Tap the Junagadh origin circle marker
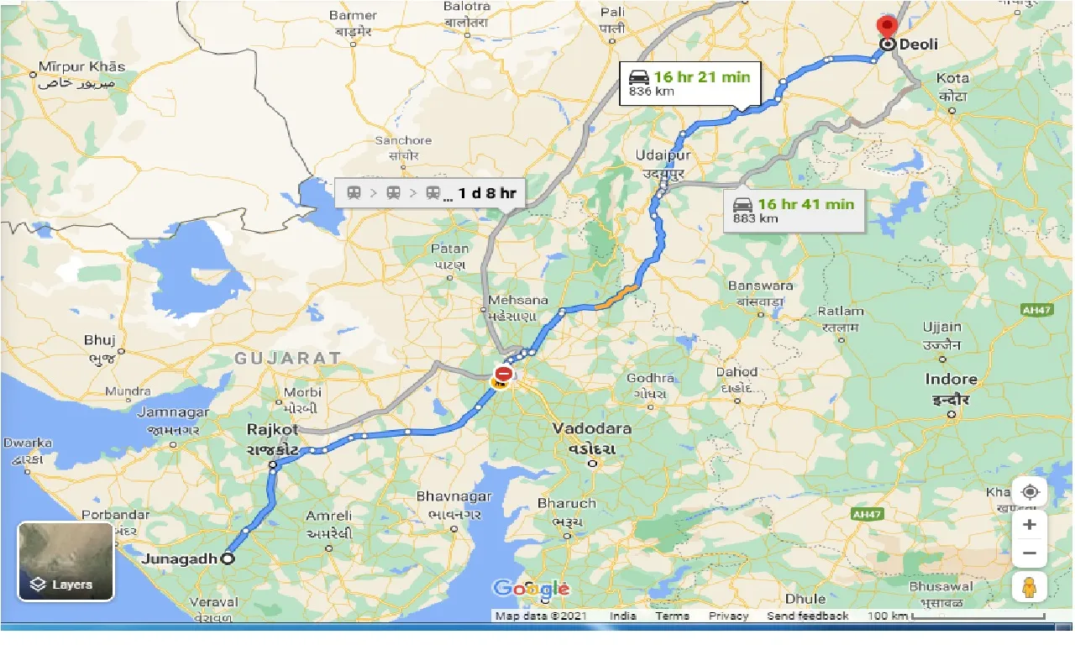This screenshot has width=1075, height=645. click(x=227, y=559)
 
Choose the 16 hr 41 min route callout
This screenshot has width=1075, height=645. click(x=794, y=210)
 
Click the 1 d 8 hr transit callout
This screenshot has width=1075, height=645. click(x=430, y=193)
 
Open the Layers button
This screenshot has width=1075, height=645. click(x=66, y=562)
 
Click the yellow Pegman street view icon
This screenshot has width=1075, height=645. click(x=1029, y=588)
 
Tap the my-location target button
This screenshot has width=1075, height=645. click(x=1029, y=492)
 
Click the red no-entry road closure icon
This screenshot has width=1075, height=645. click(x=504, y=374)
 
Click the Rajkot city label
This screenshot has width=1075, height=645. click(x=273, y=429)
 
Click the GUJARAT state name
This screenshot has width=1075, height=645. click(x=287, y=359)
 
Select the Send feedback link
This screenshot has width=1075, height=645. click(x=807, y=616)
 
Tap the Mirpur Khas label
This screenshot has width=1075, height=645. click(x=81, y=67)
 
